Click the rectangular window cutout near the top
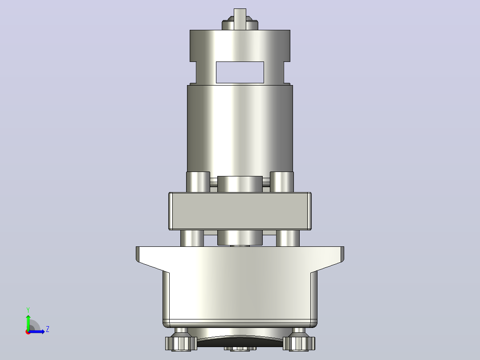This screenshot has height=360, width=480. pos(240,72)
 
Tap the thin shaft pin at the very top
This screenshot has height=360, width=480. pos(240,19)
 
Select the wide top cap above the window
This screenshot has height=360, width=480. pos(240,45)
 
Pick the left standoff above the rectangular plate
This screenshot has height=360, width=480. pos(198,182)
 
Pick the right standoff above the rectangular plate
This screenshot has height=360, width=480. pos(281,182)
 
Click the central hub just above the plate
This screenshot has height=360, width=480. pos(240,184)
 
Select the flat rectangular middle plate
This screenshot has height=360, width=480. pos(240,211)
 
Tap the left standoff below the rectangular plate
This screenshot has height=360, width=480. pos(192,238)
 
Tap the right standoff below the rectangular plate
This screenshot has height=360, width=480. pos(288,238)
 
